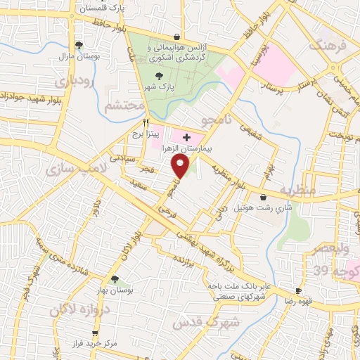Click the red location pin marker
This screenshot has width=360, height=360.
click(181, 167)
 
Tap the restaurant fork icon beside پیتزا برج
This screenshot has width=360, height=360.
click(146, 122)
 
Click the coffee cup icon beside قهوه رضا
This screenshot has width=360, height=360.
click(298, 290)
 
